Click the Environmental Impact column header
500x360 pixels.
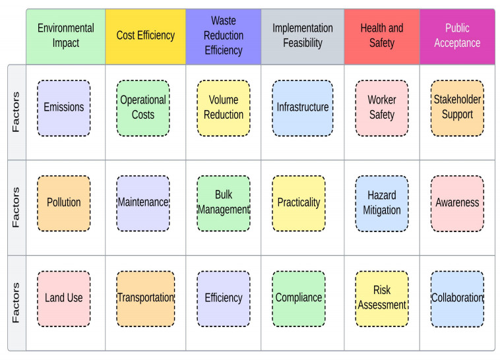click(x=65, y=36)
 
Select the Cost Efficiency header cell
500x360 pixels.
click(x=145, y=36)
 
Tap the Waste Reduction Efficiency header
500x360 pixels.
click(x=224, y=36)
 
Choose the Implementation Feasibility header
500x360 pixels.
click(x=303, y=36)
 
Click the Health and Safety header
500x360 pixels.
click(x=382, y=36)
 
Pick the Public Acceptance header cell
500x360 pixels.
click(x=457, y=36)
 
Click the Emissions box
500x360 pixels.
click(x=64, y=108)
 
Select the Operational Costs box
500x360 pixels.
click(x=143, y=108)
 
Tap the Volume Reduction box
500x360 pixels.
click(x=224, y=108)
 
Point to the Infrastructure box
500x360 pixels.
click(x=303, y=108)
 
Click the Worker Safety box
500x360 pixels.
click(x=382, y=108)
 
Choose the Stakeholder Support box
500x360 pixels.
click(x=457, y=108)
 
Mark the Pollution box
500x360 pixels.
click(x=64, y=203)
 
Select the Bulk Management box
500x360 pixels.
click(x=224, y=203)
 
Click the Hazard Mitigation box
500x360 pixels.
click(x=382, y=203)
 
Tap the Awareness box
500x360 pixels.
click(x=457, y=203)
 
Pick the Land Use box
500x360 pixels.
click(x=64, y=298)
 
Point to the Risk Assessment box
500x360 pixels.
click(x=382, y=298)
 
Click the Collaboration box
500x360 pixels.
click(x=457, y=298)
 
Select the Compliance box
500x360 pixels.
click(x=299, y=298)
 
